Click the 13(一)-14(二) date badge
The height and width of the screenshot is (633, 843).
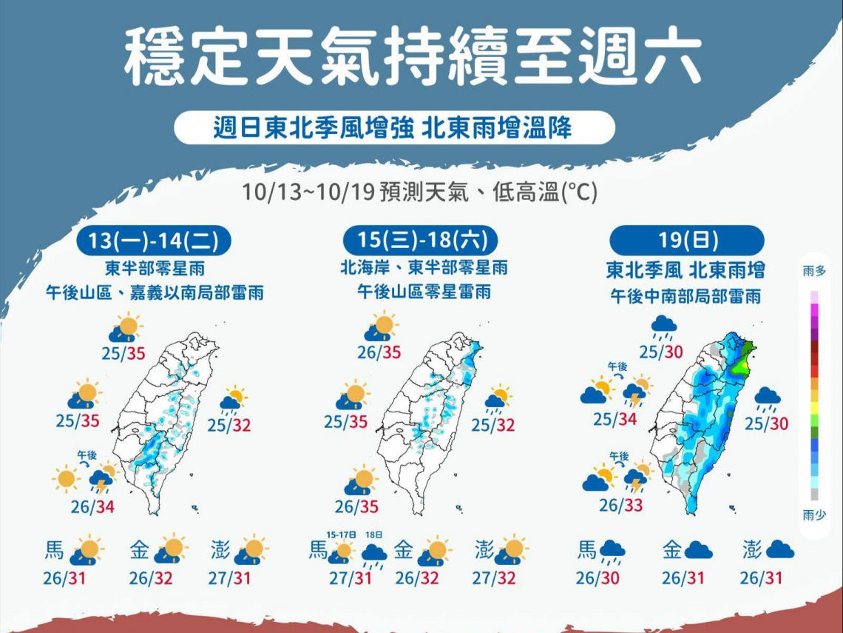click(154, 241)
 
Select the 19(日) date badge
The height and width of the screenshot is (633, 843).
click(687, 241)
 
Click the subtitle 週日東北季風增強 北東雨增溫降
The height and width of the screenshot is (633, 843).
click(393, 128)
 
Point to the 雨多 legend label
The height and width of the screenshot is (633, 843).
click(814, 272)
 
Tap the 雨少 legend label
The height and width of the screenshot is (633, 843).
click(814, 515)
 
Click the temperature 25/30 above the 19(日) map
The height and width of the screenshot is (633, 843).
click(661, 352)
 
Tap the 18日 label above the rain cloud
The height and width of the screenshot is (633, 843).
click(375, 535)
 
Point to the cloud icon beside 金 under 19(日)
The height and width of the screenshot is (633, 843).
click(698, 550)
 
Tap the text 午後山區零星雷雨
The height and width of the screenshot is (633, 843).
click(424, 292)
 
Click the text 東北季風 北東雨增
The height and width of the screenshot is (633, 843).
click(685, 269)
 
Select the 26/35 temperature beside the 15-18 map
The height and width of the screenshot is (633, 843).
click(356, 507)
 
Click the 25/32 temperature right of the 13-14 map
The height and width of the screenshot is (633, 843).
click(228, 426)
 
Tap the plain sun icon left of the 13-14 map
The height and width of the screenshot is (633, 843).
click(66, 479)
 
